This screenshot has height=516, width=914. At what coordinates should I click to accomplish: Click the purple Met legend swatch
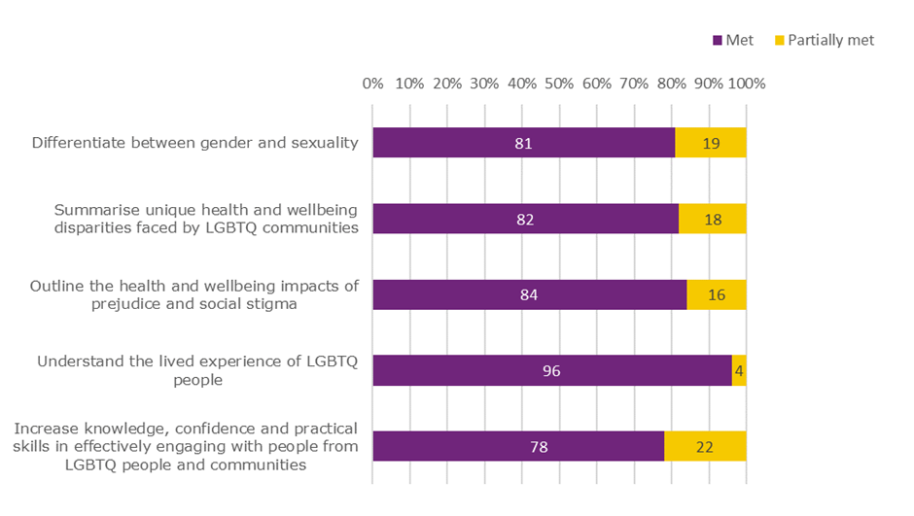718,41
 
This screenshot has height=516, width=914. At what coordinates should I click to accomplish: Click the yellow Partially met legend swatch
779,41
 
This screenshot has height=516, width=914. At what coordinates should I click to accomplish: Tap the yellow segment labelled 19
711,143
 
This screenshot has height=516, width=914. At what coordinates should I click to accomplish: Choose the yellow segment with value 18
713,219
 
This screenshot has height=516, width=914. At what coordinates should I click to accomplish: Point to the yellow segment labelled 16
717,294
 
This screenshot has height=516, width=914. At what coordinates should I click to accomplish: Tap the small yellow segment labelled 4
739,370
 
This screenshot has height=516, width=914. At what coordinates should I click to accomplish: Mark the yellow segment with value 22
705,446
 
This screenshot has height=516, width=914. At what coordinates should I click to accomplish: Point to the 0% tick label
372,84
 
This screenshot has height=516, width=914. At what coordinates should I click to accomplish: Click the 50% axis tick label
559,84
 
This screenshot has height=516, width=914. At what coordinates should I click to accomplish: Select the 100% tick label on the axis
747,84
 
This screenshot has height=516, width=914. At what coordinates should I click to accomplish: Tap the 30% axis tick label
484,84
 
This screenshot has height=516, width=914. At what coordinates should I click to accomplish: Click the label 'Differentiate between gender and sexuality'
195,143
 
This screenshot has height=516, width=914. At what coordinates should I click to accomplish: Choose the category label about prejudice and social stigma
195,294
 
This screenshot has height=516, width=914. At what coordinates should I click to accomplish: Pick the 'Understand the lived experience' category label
197,370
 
